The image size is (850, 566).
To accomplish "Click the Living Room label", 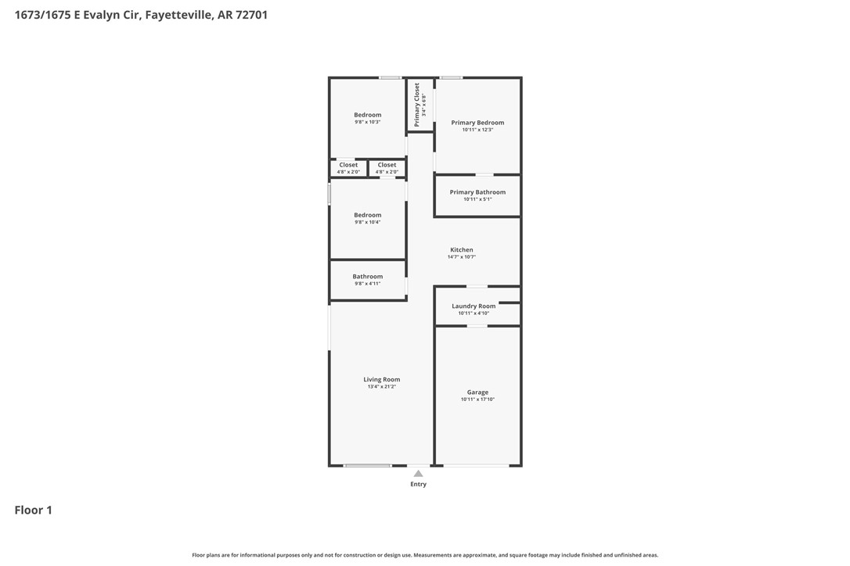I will point(381,379).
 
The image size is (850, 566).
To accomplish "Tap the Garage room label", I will point(477,392).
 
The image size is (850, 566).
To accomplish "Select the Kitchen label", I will point(461,249).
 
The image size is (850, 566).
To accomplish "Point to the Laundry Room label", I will point(474,306).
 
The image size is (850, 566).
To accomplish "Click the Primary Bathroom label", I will point(477,192).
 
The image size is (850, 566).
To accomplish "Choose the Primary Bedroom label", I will point(477,122).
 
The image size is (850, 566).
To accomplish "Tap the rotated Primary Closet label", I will point(417,105).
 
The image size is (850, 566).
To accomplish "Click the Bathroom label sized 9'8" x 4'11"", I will point(367,276).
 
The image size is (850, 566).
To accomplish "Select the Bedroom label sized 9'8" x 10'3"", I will point(367,115).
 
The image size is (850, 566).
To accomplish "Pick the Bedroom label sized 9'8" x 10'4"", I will point(367,215).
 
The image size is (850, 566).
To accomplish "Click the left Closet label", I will point(348,165).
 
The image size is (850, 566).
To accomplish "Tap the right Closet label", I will point(387,165).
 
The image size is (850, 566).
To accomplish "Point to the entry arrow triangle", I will point(418,473).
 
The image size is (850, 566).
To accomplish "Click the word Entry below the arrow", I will point(418,484).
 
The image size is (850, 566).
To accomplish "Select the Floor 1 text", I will point(33,510).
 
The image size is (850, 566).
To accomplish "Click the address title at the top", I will point(141,14).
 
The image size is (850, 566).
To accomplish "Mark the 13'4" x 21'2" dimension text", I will point(381,386).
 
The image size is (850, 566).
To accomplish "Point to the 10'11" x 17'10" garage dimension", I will point(477,399).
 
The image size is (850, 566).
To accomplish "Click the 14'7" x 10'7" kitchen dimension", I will point(461,256).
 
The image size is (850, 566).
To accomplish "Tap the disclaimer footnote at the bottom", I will point(425,555).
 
